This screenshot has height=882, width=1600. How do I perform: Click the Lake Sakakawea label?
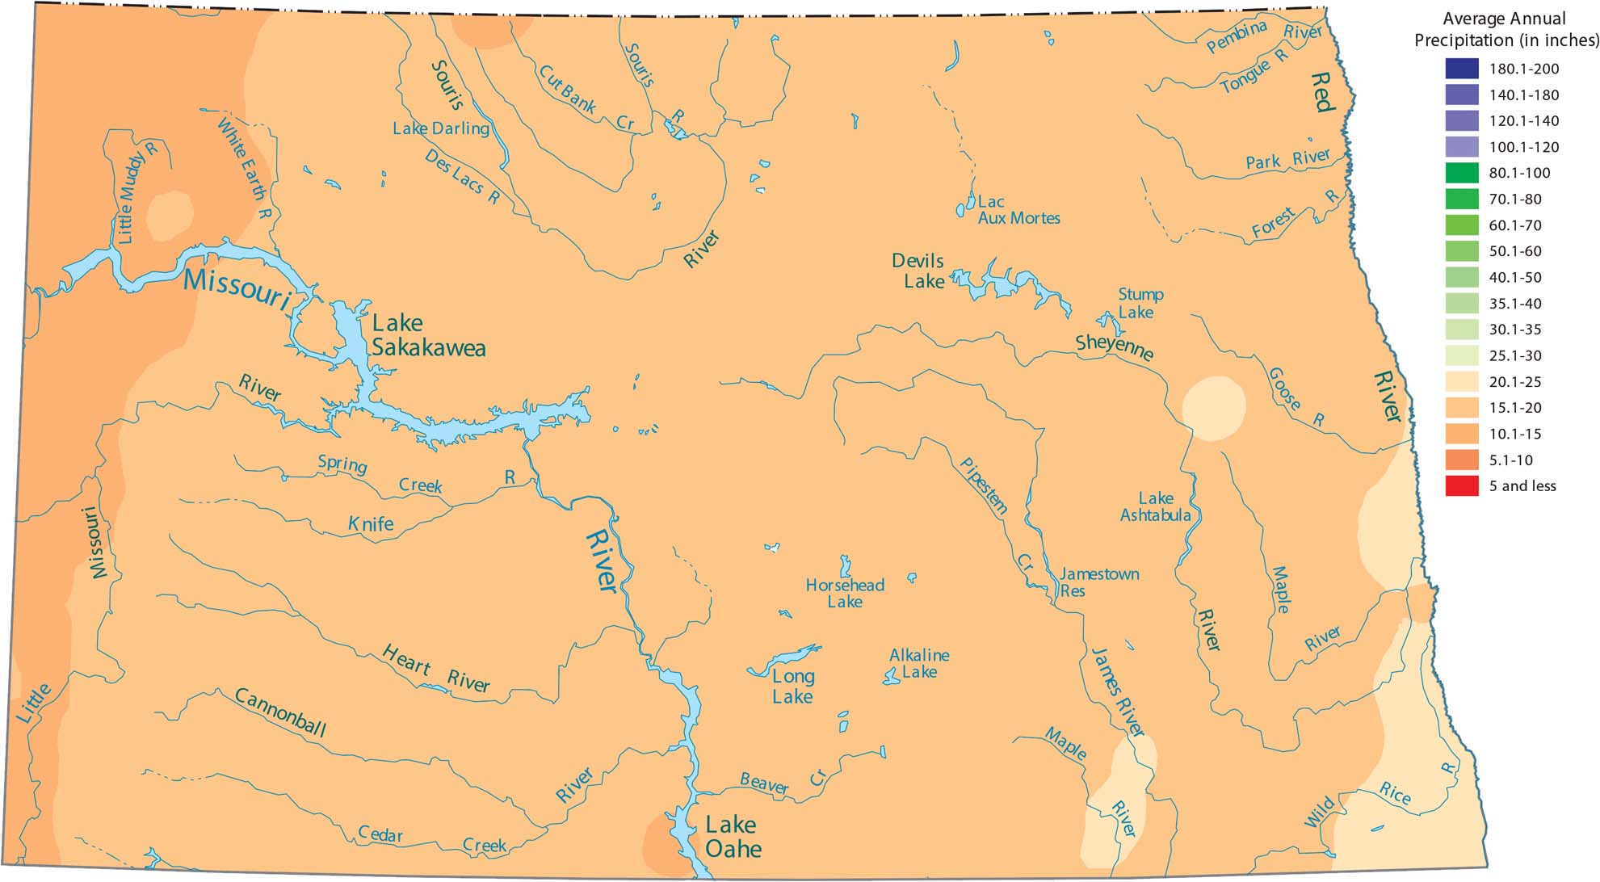click(x=428, y=335)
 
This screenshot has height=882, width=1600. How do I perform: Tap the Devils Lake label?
click(x=918, y=271)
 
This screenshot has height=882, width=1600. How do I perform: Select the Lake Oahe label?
click(x=733, y=837)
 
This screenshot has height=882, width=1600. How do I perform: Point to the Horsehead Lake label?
click(x=845, y=593)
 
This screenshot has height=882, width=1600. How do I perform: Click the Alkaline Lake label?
click(x=919, y=663)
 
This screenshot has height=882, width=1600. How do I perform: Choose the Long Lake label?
click(x=792, y=687)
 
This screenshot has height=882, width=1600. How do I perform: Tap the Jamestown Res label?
click(x=1098, y=582)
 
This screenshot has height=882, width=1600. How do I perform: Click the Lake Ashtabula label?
click(x=1155, y=506)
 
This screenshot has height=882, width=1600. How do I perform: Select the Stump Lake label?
click(x=1140, y=303)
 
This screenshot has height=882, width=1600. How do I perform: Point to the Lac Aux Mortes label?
click(x=1018, y=210)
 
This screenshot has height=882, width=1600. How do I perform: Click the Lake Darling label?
click(x=441, y=128)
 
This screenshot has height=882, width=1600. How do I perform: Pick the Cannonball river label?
click(x=279, y=712)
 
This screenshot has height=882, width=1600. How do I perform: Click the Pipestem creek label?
click(x=983, y=485)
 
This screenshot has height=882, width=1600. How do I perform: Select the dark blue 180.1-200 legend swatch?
click(x=1462, y=69)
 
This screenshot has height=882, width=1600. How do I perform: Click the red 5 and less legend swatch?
click(x=1462, y=486)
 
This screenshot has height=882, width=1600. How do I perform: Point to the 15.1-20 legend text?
click(x=1515, y=408)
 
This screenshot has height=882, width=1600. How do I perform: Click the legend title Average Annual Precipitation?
click(x=1506, y=29)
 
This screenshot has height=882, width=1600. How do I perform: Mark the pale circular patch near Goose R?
click(x=1213, y=408)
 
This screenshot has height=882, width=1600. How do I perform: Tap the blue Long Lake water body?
click(x=782, y=660)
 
